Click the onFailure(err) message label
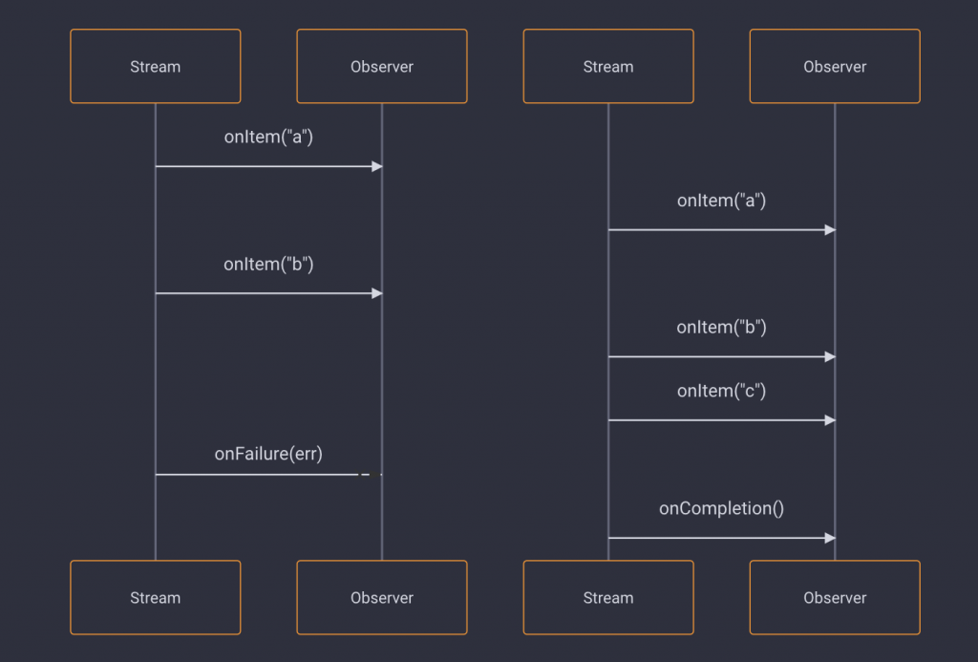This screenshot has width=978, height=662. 268,455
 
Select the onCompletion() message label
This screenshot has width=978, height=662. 721,508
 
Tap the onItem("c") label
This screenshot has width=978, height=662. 721,391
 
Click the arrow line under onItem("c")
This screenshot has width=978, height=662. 716,420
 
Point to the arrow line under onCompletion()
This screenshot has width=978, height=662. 716,538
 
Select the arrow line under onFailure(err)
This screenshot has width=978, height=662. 258,474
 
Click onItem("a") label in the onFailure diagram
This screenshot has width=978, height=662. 268,137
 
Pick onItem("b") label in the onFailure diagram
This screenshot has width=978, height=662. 268,264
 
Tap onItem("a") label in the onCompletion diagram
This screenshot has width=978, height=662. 721,201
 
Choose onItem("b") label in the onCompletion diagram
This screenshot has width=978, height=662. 721,328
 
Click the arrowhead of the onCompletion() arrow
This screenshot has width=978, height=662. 830,538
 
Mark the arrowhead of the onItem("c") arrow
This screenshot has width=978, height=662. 830,420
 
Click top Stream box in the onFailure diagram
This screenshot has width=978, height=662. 155,66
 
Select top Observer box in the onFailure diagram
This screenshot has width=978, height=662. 381,66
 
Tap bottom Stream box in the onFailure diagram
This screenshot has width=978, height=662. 155,597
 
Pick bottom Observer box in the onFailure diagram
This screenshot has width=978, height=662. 381,597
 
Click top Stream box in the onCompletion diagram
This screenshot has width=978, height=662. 607,66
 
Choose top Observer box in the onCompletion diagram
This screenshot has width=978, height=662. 834,66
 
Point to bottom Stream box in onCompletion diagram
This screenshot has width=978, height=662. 607,597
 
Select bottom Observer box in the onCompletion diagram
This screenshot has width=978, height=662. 834,597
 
